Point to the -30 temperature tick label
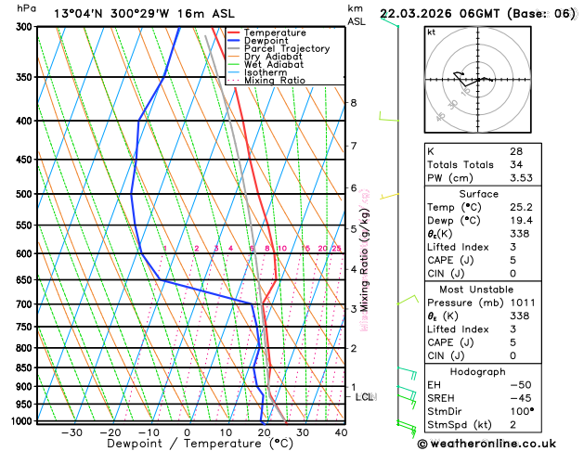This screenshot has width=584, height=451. (x=71, y=432)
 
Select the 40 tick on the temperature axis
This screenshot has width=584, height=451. (x=341, y=432)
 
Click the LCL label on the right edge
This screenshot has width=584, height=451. (x=365, y=397)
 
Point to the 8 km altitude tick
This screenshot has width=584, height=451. (x=353, y=102)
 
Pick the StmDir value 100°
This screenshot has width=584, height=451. (x=521, y=411)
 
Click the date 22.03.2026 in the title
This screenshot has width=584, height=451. (x=422, y=13)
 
